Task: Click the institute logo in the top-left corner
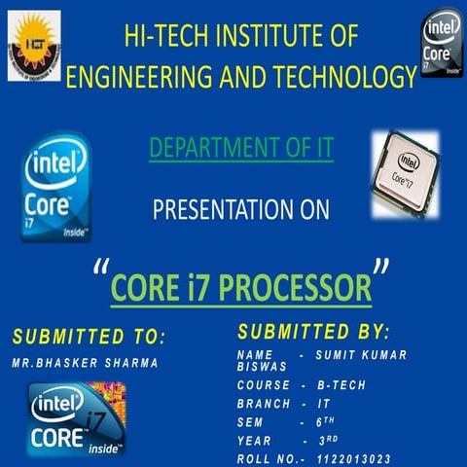(x=33, y=44)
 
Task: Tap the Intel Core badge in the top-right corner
(x=442, y=43)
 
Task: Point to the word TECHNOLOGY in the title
(x=333, y=76)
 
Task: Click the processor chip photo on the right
(x=405, y=174)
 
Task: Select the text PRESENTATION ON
(x=241, y=209)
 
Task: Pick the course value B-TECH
(x=341, y=385)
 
